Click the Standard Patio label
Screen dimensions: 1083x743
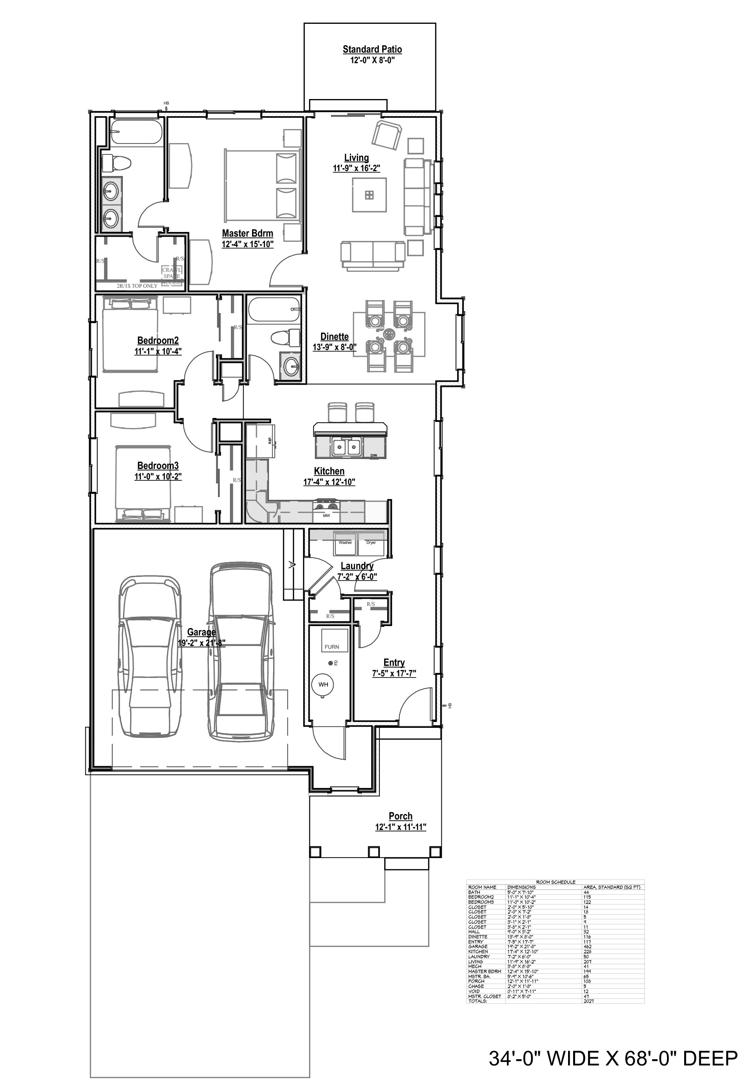click(372, 50)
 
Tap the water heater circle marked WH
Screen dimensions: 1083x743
click(323, 685)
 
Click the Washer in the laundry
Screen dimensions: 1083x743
click(346, 544)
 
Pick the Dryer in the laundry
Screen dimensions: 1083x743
click(371, 544)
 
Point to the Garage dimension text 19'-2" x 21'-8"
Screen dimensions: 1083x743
click(202, 643)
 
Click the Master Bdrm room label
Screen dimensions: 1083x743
click(247, 234)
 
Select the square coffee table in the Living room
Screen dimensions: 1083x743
click(369, 195)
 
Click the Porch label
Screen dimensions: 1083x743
click(401, 816)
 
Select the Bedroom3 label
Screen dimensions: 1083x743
click(158, 465)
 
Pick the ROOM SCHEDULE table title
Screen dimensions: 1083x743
click(555, 882)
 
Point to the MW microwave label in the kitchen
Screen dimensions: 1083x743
click(326, 516)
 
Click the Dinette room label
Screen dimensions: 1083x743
click(334, 337)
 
